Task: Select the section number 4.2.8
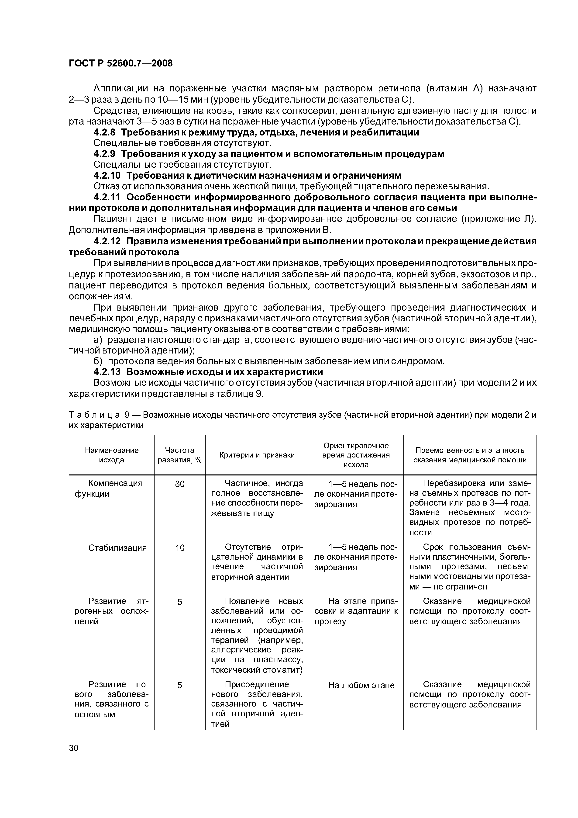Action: point(104,132)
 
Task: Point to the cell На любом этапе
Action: point(361,685)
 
